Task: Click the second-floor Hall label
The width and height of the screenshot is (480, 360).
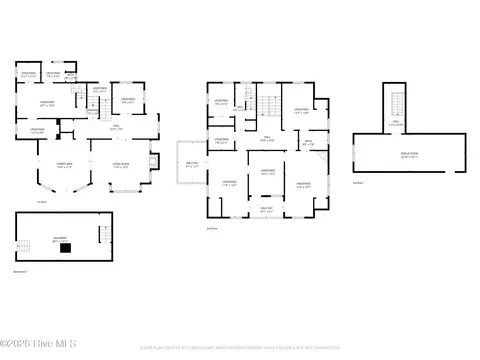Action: pyautogui.click(x=267, y=139)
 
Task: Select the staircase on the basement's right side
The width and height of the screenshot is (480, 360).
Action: pyautogui.click(x=104, y=235)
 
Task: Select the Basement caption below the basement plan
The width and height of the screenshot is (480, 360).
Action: pyautogui.click(x=21, y=272)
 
